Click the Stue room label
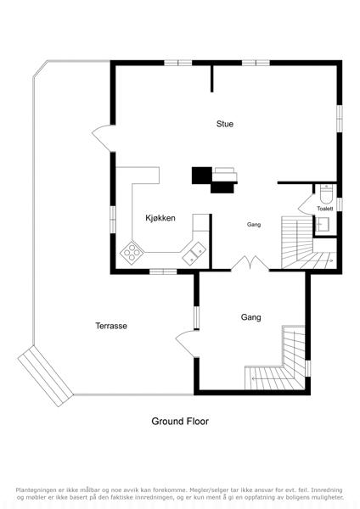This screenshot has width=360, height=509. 225,124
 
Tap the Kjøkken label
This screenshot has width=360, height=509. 160,218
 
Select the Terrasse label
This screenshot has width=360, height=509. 111,326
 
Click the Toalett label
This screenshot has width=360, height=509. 325,209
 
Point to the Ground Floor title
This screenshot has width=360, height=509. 180,422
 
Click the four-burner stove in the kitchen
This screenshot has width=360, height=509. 132,253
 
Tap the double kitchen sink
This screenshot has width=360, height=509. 194,253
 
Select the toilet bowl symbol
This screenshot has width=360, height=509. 326,193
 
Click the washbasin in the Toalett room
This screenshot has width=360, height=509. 322,224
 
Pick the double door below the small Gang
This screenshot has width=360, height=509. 250,263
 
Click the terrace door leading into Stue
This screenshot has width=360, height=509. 103,138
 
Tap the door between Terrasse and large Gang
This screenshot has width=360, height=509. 187,344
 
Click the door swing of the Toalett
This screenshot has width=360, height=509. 306,204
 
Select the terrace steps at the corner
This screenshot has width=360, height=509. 45,376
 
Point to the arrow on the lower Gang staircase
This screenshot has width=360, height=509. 266,378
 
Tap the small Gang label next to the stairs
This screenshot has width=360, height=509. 254,224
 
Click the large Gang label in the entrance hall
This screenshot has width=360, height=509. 250,317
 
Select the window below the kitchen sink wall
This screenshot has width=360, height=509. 163,271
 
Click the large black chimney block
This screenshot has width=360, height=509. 202,176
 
